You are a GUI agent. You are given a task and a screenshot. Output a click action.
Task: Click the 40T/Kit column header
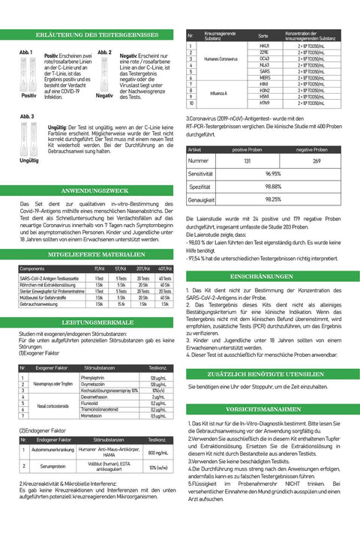164,268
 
